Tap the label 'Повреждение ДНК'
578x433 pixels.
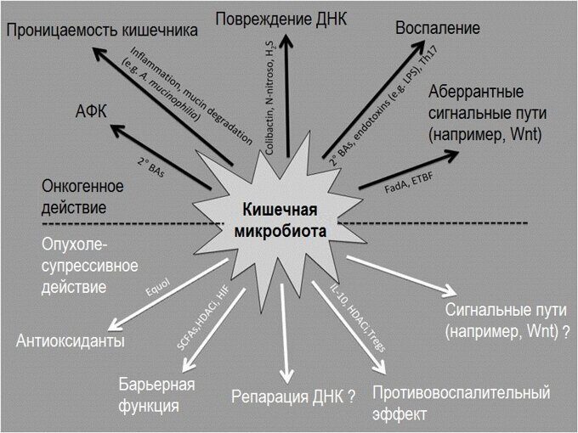[x=281, y=18]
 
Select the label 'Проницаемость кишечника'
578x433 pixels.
[x=102, y=31]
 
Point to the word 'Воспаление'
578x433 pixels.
[x=438, y=27]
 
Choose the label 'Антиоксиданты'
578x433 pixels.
[x=71, y=341]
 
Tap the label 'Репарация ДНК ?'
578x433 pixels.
[x=293, y=396]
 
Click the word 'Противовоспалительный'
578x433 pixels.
[x=462, y=393]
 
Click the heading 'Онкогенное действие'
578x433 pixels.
[x=82, y=196]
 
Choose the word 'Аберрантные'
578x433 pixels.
[x=476, y=92]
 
